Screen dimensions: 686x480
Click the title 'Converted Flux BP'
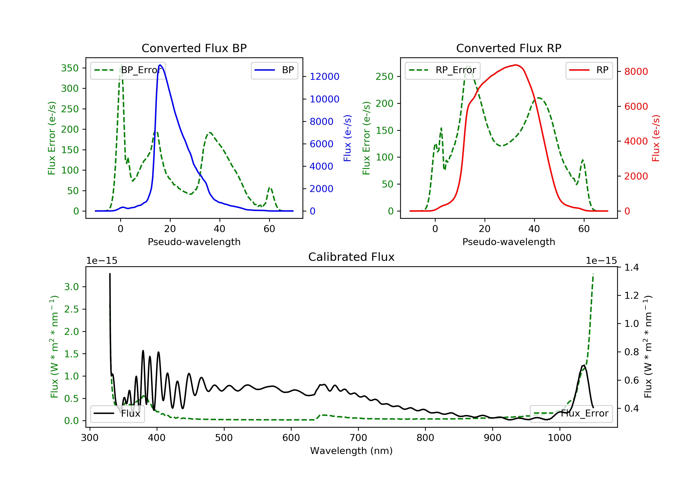tap(194, 48)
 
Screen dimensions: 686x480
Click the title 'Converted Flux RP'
tap(509, 48)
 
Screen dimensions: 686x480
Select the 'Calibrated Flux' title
tap(351, 257)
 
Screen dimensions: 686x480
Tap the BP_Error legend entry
tap(128, 70)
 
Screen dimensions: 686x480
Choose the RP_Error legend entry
tap(442, 70)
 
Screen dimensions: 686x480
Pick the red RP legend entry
tap(589, 70)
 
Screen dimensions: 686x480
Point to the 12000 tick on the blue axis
tap(324, 77)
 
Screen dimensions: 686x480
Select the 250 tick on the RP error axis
tap(385, 77)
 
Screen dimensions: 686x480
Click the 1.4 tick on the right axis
tap(632, 267)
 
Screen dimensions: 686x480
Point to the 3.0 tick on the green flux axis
tap(71, 287)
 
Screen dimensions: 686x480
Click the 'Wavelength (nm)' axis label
tap(351, 451)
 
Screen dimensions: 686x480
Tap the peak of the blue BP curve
tap(160, 65)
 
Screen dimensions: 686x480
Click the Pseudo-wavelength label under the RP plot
tap(509, 242)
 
